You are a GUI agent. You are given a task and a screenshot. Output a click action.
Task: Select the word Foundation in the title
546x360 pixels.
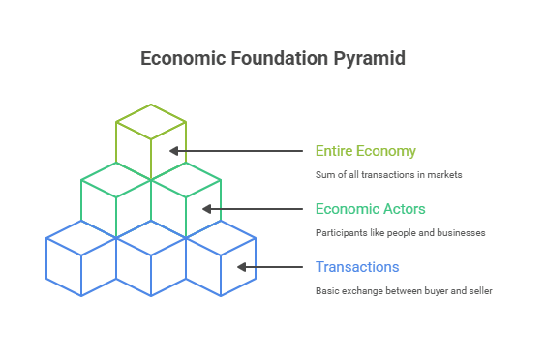[x=276, y=59]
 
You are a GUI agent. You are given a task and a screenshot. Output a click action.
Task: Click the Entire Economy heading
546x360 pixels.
[x=365, y=151]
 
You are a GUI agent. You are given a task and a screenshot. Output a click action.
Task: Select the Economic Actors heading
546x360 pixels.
[x=371, y=209]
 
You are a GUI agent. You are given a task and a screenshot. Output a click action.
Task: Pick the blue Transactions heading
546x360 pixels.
[x=357, y=267]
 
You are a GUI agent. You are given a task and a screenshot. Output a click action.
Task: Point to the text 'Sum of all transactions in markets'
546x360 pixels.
[x=389, y=175]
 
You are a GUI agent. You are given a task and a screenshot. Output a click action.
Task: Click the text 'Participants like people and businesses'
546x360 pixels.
[x=400, y=233]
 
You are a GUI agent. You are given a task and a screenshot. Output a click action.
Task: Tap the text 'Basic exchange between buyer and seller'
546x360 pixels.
[x=404, y=291]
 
